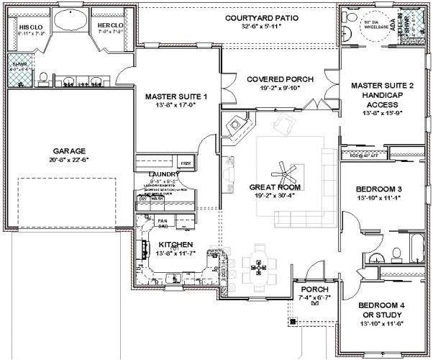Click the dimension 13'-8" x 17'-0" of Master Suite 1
pos(176,104)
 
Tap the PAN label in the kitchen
pos(163,220)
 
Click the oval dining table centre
pos(257,267)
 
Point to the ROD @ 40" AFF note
pos(363,155)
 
